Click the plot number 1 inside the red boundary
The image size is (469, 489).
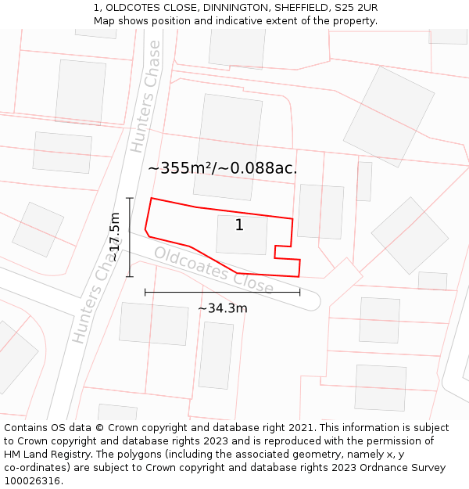(239, 225)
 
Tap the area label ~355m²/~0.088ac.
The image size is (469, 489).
(223, 167)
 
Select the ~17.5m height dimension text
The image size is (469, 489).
(115, 237)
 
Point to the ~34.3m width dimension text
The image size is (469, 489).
(222, 308)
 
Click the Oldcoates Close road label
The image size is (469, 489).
(213, 271)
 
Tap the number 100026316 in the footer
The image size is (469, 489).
(34, 481)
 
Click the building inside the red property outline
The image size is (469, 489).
(242, 235)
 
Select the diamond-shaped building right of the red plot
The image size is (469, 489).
(410, 235)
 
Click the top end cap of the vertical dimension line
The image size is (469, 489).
(130, 198)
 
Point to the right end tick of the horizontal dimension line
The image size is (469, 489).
(300, 292)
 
